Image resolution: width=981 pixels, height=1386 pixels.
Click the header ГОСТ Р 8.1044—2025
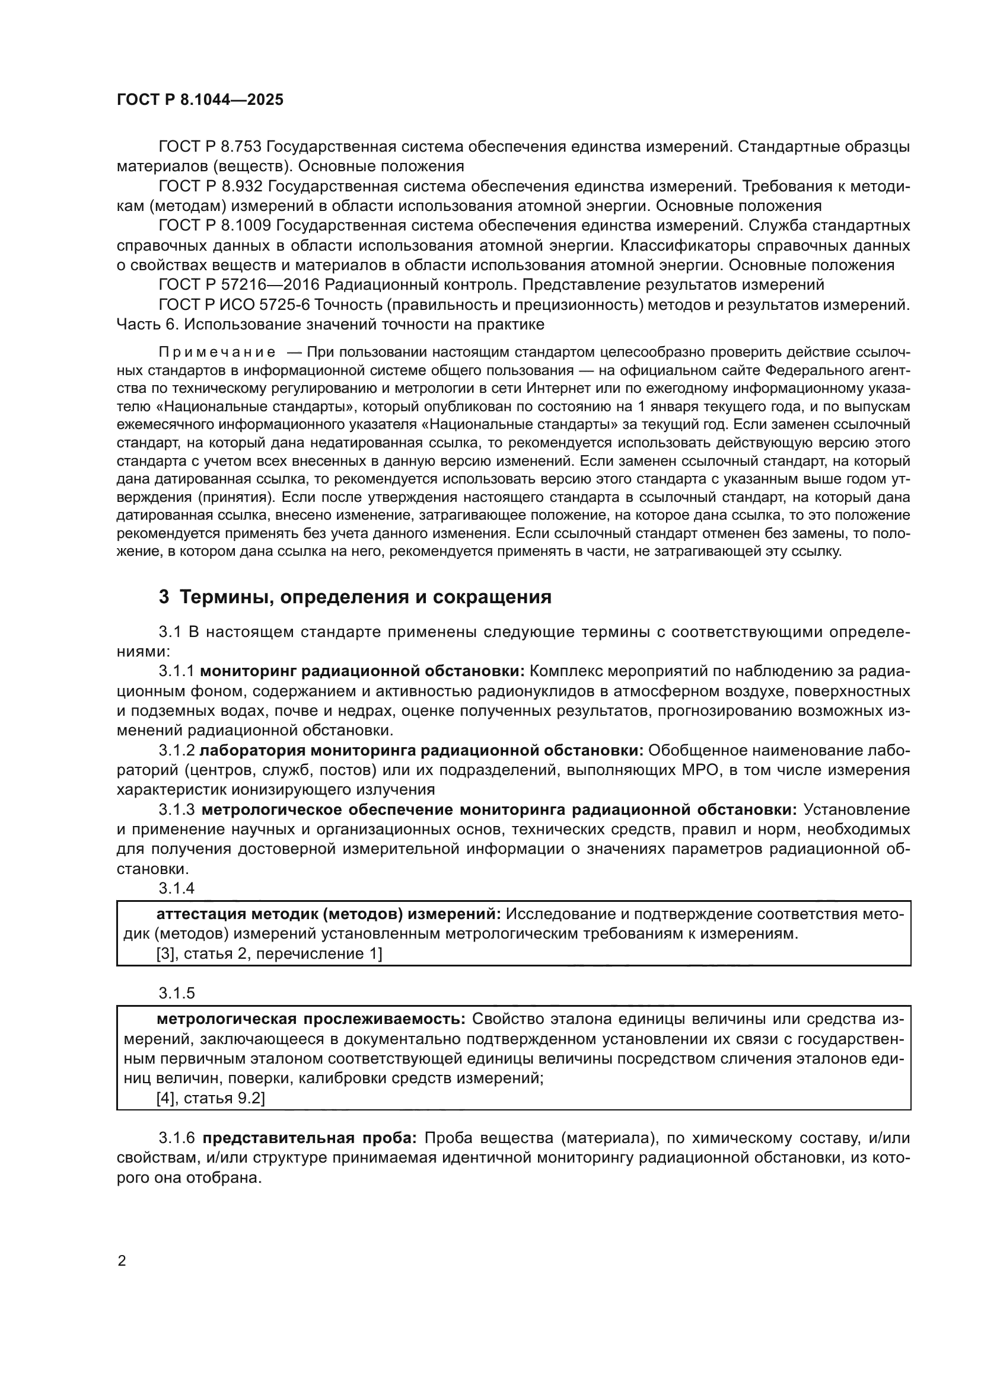(200, 100)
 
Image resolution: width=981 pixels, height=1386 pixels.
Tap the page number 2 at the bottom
(122, 1261)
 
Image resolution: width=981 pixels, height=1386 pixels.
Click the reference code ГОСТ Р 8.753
(209, 147)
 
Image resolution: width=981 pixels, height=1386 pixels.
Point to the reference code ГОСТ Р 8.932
(209, 187)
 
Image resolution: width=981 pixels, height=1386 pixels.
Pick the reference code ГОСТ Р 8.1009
(214, 226)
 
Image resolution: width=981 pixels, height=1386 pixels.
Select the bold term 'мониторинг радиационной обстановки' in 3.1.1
(364, 671)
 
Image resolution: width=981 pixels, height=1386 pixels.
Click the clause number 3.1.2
(176, 750)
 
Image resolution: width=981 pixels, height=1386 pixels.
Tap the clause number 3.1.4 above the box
(176, 888)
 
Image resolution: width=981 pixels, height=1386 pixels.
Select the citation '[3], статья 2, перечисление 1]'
(269, 954)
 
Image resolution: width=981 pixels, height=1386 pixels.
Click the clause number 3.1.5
(176, 993)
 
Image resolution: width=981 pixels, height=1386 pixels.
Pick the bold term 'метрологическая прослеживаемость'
(310, 1019)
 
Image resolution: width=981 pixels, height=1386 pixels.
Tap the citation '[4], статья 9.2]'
(210, 1098)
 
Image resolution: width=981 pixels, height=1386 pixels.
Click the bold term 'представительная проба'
(309, 1138)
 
